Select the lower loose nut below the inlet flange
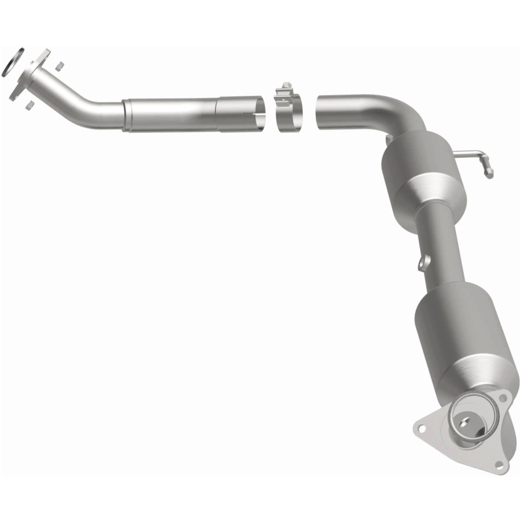(28, 103)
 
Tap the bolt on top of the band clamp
(285, 87)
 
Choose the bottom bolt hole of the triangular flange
(499, 465)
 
